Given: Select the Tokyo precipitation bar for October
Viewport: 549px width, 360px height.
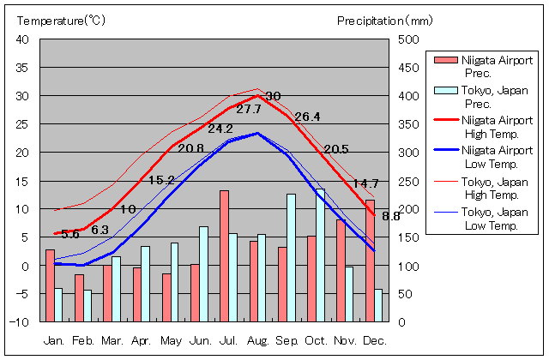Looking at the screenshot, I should tap(321, 255).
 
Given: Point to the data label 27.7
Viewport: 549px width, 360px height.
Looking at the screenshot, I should tap(249, 110).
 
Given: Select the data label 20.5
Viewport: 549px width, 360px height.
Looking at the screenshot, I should tap(336, 149).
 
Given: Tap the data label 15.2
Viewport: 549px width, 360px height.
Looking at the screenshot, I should tap(161, 180).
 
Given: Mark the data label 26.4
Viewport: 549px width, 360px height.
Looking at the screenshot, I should tap(307, 117).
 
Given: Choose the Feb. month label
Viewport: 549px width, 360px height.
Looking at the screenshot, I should tap(82, 340).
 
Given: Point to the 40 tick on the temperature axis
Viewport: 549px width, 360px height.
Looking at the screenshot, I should tap(22, 39).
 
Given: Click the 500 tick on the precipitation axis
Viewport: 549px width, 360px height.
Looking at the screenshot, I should tap(407, 39).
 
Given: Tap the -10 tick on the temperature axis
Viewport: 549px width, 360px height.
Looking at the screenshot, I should tap(21, 322).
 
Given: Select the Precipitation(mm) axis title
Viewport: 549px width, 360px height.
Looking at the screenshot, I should tap(385, 19).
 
